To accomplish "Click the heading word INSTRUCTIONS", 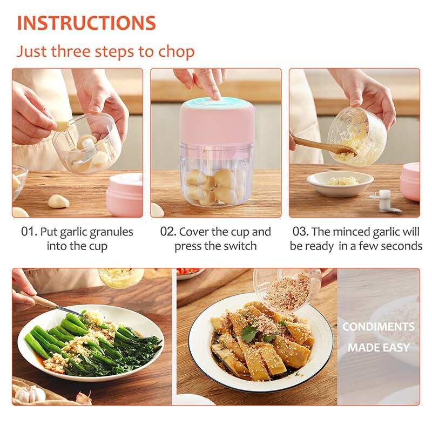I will click(86, 23).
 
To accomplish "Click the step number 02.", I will click(168, 232).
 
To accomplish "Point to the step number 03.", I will click(300, 232).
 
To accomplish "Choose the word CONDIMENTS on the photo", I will click(378, 327).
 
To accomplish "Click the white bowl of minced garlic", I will click(340, 183).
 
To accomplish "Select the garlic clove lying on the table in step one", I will click(58, 201).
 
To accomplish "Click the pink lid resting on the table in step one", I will click(125, 194).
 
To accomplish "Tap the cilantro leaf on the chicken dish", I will click(249, 335).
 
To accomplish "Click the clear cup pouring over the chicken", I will click(286, 289).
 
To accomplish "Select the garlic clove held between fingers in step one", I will click(63, 126).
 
